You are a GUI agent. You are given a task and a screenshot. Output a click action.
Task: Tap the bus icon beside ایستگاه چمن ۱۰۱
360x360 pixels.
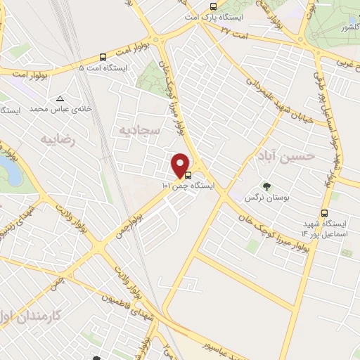[188, 176]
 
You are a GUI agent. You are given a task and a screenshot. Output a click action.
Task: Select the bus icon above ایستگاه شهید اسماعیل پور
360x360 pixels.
[324, 212]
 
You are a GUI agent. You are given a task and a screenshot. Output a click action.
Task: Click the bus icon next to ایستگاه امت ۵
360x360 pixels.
[104, 57]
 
